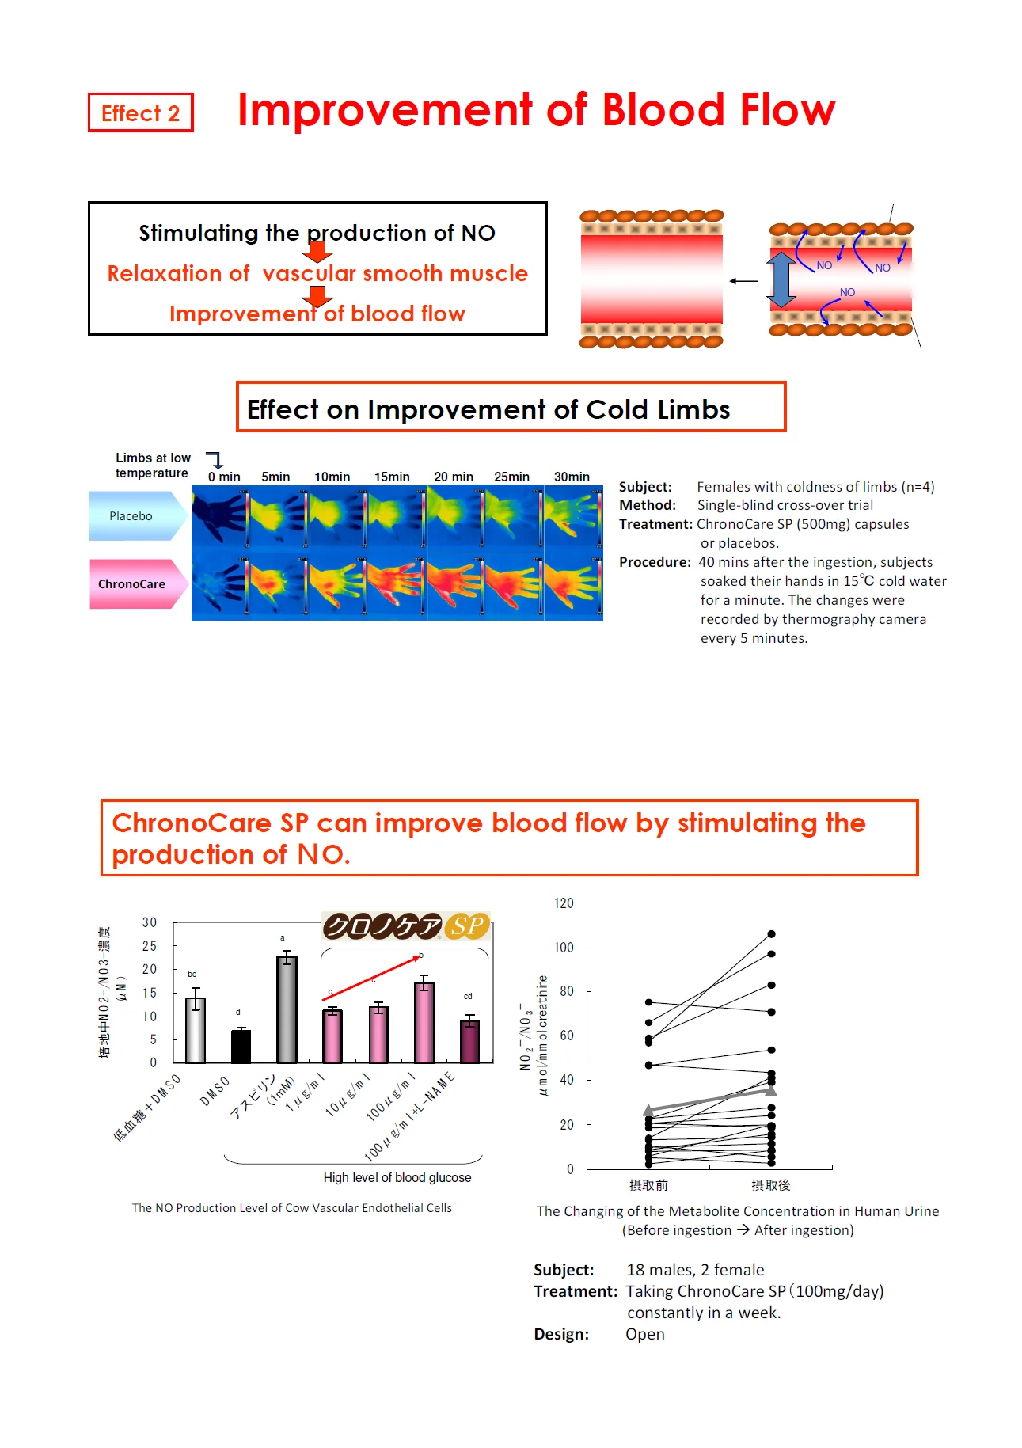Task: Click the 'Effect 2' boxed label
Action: pyautogui.click(x=141, y=113)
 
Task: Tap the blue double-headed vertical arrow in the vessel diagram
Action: pyautogui.click(x=781, y=279)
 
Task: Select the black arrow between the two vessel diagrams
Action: pyautogui.click(x=743, y=281)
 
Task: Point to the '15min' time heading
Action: pyautogui.click(x=392, y=477)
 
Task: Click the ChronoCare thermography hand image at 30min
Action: pyautogui.click(x=573, y=587)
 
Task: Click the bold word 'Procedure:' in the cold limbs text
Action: pyautogui.click(x=655, y=562)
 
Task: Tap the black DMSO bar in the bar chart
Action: pyautogui.click(x=241, y=1046)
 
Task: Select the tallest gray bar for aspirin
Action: pyautogui.click(x=287, y=1009)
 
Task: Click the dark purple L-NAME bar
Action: pyautogui.click(x=469, y=1042)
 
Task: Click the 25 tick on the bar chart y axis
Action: pyautogui.click(x=150, y=946)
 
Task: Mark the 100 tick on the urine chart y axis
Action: pyautogui.click(x=564, y=948)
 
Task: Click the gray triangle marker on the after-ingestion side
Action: pyautogui.click(x=771, y=1090)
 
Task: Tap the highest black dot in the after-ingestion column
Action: pyautogui.click(x=771, y=934)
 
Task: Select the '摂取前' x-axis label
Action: pyautogui.click(x=648, y=1185)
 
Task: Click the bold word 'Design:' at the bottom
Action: pyautogui.click(x=561, y=1334)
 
